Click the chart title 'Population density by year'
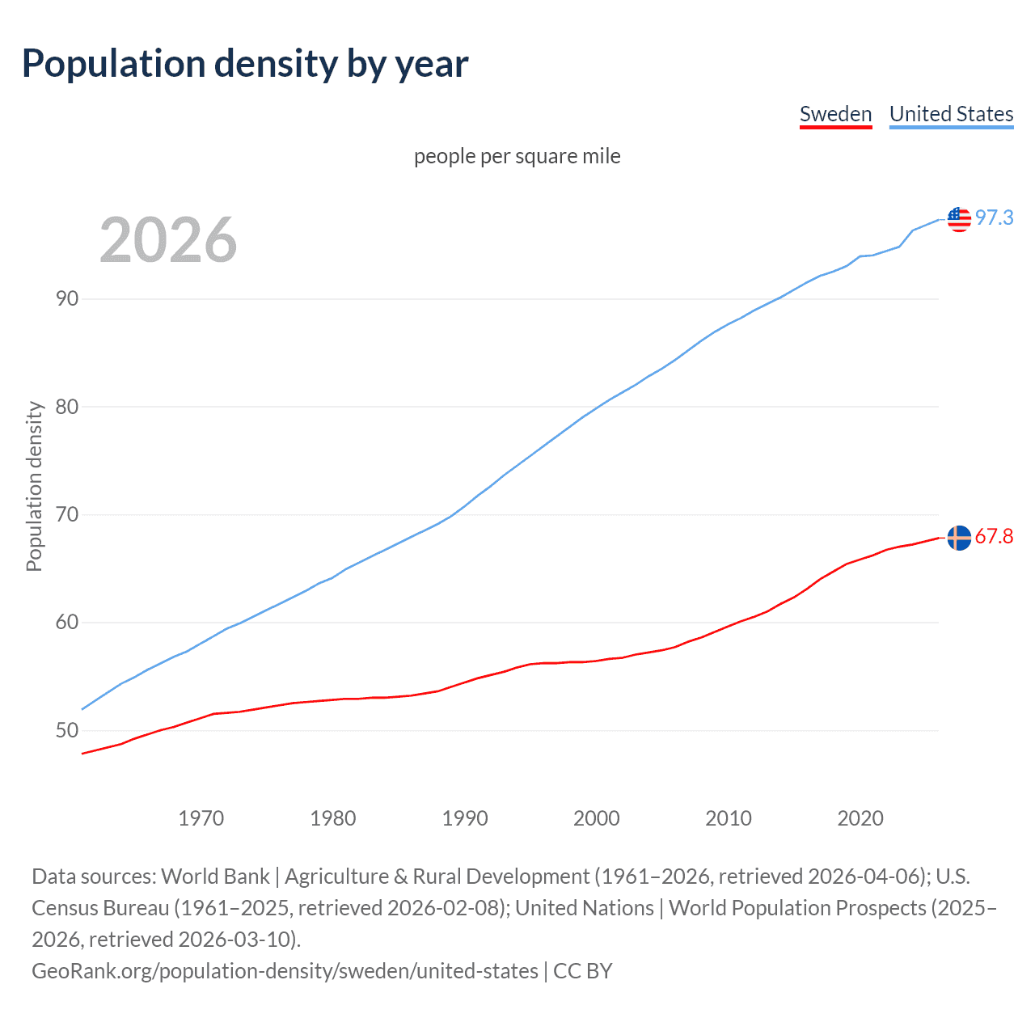(x=245, y=64)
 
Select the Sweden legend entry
(x=835, y=114)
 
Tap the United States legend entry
(x=951, y=114)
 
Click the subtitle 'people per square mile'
(x=517, y=156)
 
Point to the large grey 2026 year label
(x=168, y=240)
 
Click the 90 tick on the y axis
(x=67, y=298)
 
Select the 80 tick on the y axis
(x=67, y=407)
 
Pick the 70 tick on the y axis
(x=67, y=514)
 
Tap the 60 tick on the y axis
(x=67, y=623)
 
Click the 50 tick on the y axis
(x=67, y=731)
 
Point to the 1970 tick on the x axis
(x=201, y=818)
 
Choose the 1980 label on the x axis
(x=332, y=818)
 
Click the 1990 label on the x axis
(x=465, y=818)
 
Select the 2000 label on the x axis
(x=597, y=818)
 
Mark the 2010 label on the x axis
(x=729, y=818)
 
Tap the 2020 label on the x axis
(x=860, y=818)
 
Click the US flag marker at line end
(x=959, y=219)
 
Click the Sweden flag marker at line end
(x=959, y=538)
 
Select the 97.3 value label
(x=994, y=218)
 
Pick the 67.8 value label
(x=994, y=537)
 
